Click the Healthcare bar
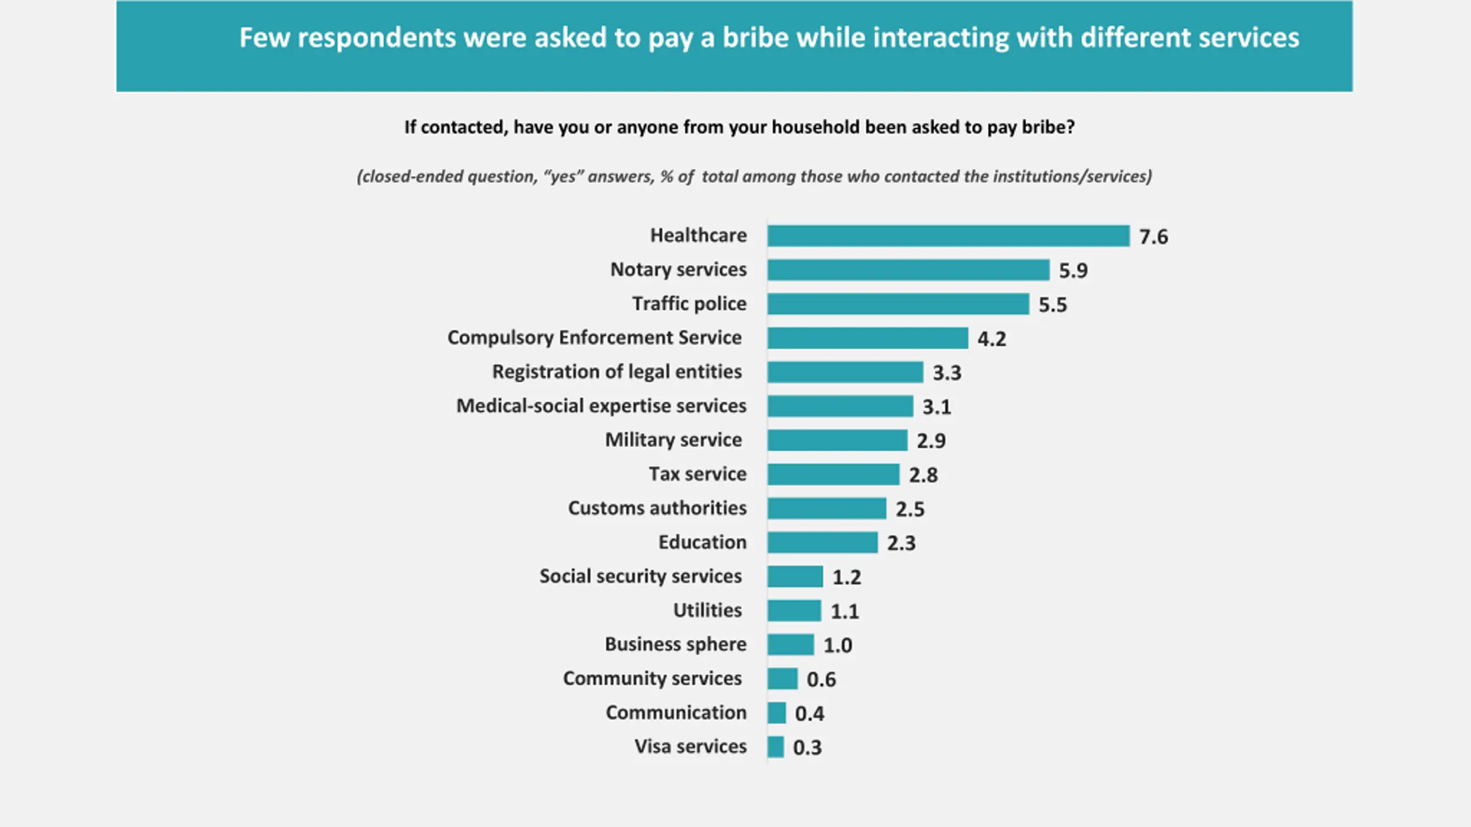click(x=948, y=236)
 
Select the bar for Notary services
click(x=908, y=270)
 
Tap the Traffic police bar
click(x=898, y=304)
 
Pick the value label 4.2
click(x=992, y=339)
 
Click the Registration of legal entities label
click(x=617, y=372)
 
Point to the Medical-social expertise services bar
click(x=840, y=406)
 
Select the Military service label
click(x=673, y=440)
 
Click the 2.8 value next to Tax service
click(x=923, y=475)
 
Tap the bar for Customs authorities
click(x=826, y=508)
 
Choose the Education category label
click(x=702, y=542)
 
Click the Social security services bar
click(x=795, y=577)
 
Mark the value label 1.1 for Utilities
click(x=845, y=611)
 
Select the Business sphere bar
click(x=790, y=644)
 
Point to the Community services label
click(x=652, y=678)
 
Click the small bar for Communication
click(x=776, y=713)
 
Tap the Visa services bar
click(x=775, y=747)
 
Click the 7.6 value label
click(x=1153, y=237)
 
